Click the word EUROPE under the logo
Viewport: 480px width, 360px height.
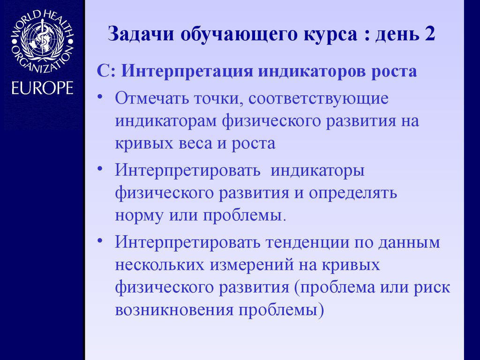pos(42,88)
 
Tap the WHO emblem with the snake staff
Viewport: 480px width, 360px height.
pos(42,39)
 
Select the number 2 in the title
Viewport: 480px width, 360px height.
pos(429,36)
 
